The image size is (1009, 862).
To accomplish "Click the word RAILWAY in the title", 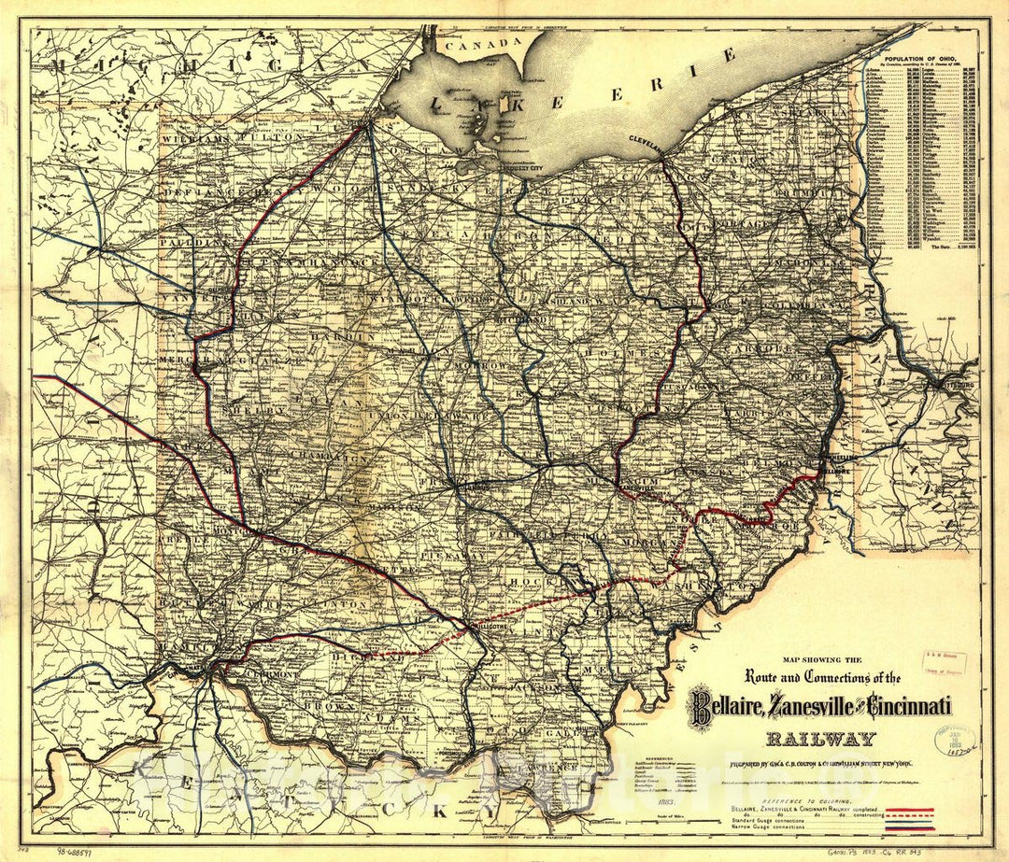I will tap(821, 740).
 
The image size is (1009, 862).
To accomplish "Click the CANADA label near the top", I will tap(481, 43).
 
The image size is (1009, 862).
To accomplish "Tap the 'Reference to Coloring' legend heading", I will tap(794, 777).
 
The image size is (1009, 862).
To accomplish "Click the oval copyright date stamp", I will tap(956, 739).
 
